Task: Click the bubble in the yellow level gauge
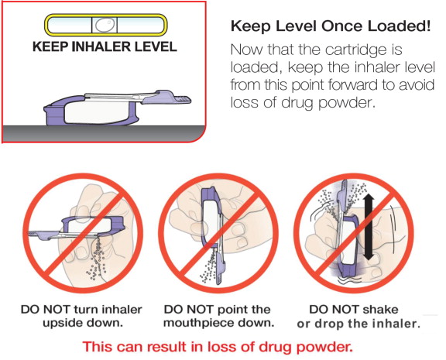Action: [x=105, y=25]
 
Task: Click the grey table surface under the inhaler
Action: [x=104, y=133]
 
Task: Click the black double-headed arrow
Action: [x=369, y=227]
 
